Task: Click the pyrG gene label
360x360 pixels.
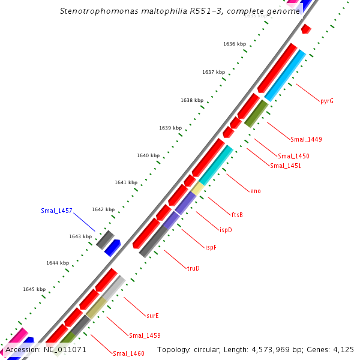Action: click(x=327, y=101)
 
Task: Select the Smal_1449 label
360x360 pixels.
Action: click(x=306, y=139)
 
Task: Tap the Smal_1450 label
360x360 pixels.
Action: click(x=293, y=156)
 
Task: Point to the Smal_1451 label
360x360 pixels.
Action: click(x=286, y=166)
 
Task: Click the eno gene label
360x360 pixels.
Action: click(x=256, y=191)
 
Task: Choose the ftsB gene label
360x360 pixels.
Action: click(x=237, y=214)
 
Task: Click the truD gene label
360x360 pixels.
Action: click(x=193, y=268)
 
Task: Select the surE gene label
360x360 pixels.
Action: click(x=152, y=315)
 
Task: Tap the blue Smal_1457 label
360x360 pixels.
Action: click(x=56, y=211)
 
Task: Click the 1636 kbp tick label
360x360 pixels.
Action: click(x=235, y=44)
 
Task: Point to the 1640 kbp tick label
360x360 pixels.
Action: click(x=148, y=155)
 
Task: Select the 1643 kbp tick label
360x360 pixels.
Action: click(x=80, y=236)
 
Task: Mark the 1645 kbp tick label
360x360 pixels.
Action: click(x=34, y=289)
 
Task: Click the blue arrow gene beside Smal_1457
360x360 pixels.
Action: click(x=113, y=247)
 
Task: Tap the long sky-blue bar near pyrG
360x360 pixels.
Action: click(x=286, y=75)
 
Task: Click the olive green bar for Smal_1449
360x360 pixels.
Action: click(x=256, y=113)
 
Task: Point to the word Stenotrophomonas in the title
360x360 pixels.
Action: click(x=97, y=11)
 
